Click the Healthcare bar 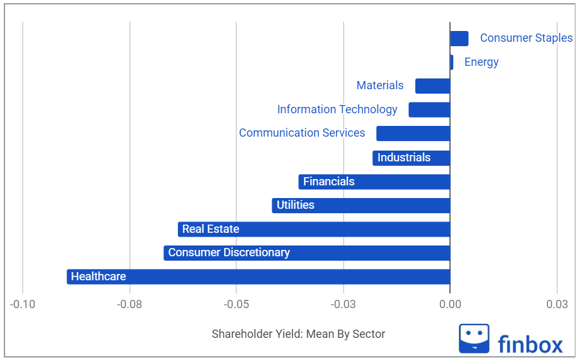258,276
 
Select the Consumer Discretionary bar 306,253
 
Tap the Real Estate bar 313,229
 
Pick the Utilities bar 361,205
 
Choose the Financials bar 374,182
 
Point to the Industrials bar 411,158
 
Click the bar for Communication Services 413,133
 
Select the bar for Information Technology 429,109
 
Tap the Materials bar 432,85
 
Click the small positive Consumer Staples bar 459,38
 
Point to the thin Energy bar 451,62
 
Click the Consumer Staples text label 525,38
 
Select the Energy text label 481,62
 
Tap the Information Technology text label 337,109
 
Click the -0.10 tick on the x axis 23,305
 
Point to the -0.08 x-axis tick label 130,305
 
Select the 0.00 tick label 450,305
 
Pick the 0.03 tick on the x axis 556,305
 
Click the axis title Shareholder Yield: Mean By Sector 298,334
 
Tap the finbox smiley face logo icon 474,338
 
